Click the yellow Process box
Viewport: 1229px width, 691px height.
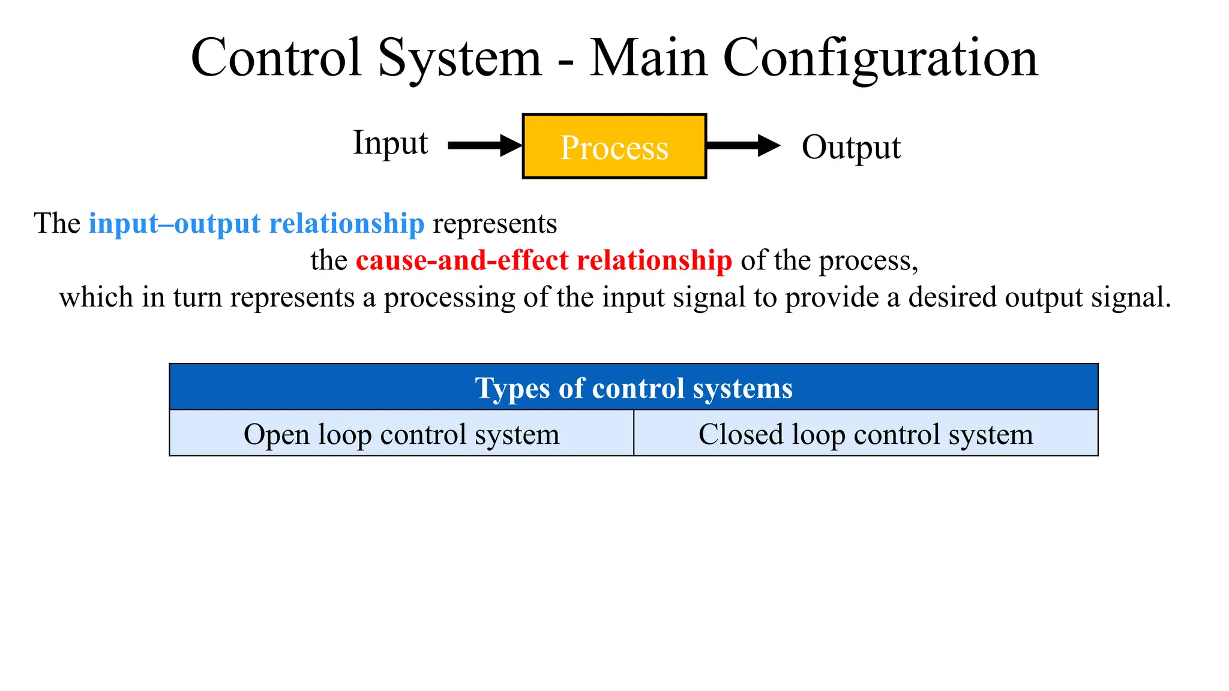(614, 146)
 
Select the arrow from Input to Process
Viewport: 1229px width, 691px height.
(484, 146)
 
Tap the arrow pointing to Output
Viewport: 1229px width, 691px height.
(743, 146)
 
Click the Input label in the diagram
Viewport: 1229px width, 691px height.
(390, 143)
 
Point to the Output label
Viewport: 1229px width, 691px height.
(851, 148)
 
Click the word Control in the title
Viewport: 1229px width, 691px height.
(277, 58)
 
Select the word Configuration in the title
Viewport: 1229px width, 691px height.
(880, 58)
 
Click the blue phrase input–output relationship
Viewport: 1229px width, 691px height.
(256, 224)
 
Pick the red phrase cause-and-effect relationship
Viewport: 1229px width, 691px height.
(544, 261)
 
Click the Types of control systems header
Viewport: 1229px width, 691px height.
(634, 388)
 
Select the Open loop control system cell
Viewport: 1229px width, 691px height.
(401, 434)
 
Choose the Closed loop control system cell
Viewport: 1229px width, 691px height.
(865, 434)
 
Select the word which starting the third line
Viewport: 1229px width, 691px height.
(96, 298)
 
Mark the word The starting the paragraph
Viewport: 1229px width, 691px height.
(57, 224)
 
